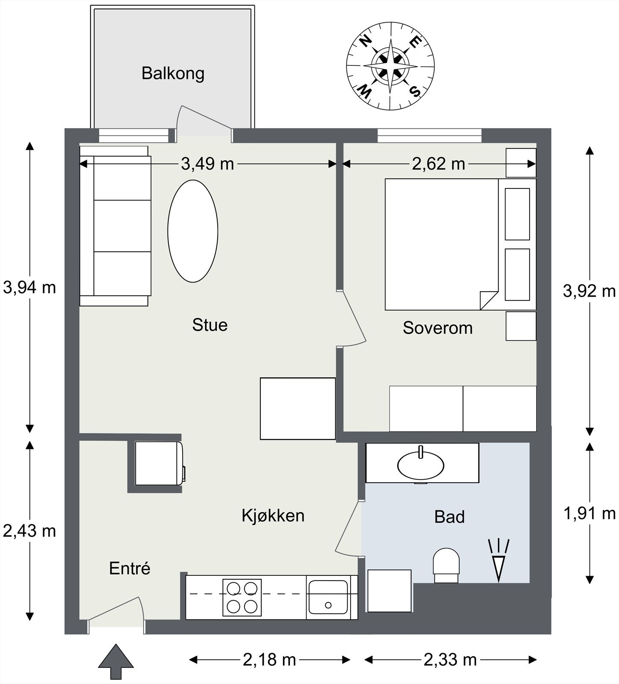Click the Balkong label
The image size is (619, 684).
(x=173, y=74)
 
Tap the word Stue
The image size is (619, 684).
(x=209, y=325)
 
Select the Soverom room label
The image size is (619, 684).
(x=438, y=328)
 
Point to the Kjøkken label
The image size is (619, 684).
(x=273, y=516)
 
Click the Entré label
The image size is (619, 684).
(x=130, y=569)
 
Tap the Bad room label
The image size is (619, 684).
(x=449, y=517)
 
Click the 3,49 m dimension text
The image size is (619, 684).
(x=207, y=164)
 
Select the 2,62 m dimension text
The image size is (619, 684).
(x=438, y=164)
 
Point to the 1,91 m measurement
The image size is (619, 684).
(x=590, y=513)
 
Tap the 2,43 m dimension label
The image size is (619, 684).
(x=29, y=531)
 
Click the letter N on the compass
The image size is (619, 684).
(x=365, y=41)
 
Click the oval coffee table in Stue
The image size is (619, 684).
(x=193, y=231)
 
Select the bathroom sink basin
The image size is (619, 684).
(x=421, y=465)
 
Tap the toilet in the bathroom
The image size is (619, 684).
(x=446, y=565)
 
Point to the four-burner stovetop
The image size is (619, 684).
(x=242, y=598)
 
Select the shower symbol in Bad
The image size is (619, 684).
(x=499, y=560)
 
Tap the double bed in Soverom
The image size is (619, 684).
(x=442, y=244)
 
